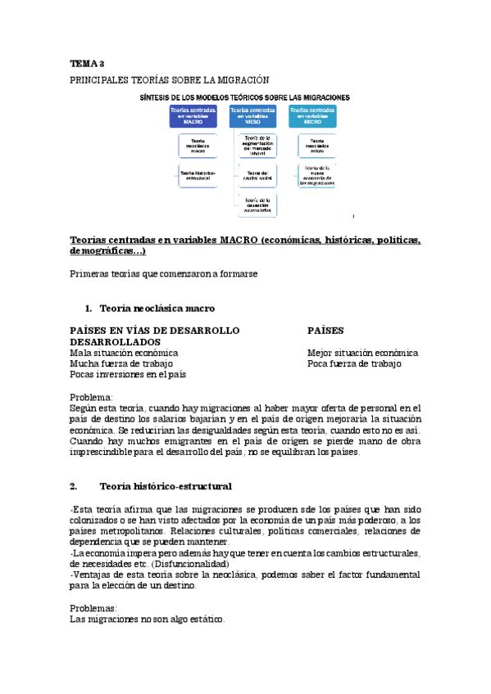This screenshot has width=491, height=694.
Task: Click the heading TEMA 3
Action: coord(86,64)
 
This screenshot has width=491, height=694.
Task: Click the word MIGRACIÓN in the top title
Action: coord(242,79)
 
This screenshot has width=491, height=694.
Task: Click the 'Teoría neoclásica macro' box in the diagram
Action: coord(198,146)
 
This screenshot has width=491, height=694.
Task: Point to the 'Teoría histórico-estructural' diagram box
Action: coord(198,174)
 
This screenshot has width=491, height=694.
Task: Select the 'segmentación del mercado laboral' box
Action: coord(258,146)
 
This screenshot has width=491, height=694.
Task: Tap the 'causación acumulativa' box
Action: coord(258,205)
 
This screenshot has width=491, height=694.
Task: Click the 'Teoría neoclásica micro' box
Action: coord(316,146)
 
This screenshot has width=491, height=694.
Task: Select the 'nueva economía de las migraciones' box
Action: coord(316,176)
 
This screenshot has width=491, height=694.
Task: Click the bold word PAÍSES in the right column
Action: coord(325,331)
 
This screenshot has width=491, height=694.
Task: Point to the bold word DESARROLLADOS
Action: coord(116,341)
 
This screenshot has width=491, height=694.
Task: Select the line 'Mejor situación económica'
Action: coord(362,353)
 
